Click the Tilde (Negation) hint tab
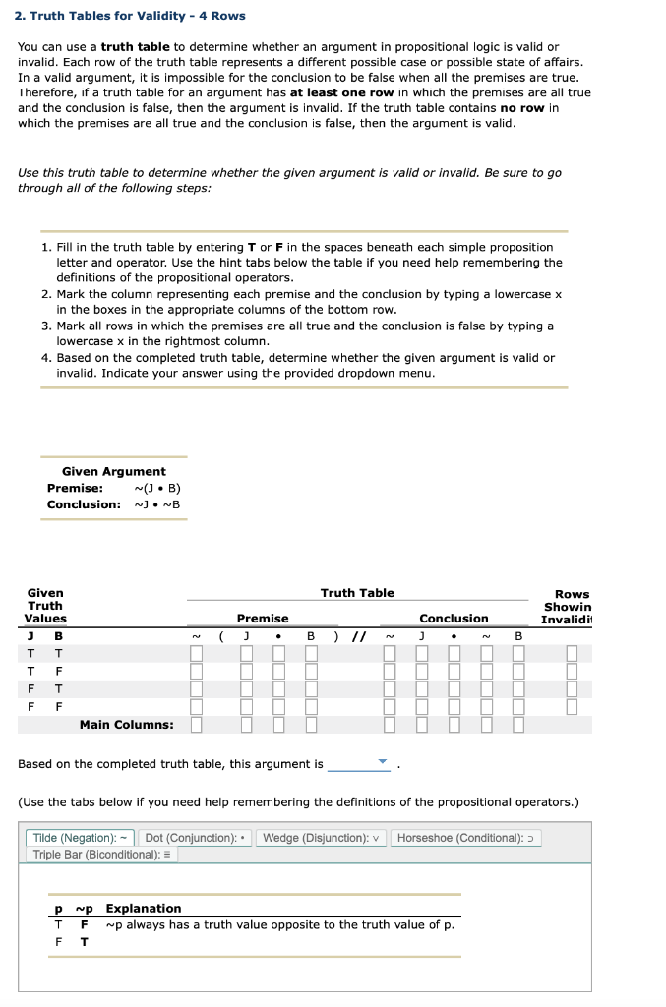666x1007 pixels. [x=79, y=838]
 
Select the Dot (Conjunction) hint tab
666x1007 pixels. [x=197, y=838]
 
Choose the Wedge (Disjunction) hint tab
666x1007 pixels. [x=322, y=838]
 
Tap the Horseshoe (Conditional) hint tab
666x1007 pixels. [x=466, y=838]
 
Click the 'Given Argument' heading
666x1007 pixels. [x=113, y=472]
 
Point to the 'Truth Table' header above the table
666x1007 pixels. [x=357, y=593]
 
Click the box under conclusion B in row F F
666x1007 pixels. [x=517, y=707]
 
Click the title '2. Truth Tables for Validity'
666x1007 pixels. [x=130, y=16]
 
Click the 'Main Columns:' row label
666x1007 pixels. [x=126, y=725]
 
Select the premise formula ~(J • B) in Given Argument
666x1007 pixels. [x=156, y=488]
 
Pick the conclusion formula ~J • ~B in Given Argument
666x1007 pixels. [x=156, y=504]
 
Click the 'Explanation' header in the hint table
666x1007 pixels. [x=143, y=908]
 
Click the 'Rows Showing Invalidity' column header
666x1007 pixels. [x=572, y=606]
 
